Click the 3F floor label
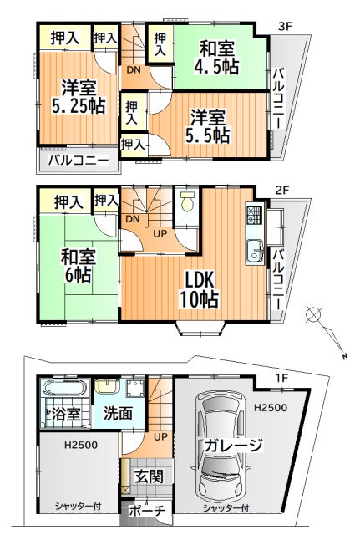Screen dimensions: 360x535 pyautogui.click(x=286, y=26)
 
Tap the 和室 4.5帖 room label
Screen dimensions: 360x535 pyautogui.click(x=216, y=58)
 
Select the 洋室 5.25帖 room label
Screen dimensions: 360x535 pyautogui.click(x=79, y=97)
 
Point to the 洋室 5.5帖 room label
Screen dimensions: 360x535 pyautogui.click(x=207, y=126)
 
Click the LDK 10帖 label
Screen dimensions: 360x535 pyautogui.click(x=200, y=289)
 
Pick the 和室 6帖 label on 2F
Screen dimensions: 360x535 pyautogui.click(x=78, y=266)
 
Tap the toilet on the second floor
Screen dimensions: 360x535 pyautogui.click(x=187, y=201)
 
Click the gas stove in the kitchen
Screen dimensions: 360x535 pyautogui.click(x=253, y=215)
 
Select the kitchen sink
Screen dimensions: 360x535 pyautogui.click(x=255, y=251)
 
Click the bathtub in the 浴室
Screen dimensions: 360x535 pyautogui.click(x=65, y=387)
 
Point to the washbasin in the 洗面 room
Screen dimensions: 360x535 pyautogui.click(x=107, y=385)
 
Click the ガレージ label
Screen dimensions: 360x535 pyautogui.click(x=234, y=445)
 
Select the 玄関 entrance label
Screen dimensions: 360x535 pyautogui.click(x=149, y=476)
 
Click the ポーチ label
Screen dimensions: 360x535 pyautogui.click(x=147, y=511)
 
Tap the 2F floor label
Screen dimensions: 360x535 pyautogui.click(x=282, y=190)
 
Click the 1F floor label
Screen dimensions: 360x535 pyautogui.click(x=282, y=378)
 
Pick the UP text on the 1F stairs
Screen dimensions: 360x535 pyautogui.click(x=160, y=437)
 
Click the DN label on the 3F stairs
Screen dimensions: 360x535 pyautogui.click(x=134, y=70)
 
